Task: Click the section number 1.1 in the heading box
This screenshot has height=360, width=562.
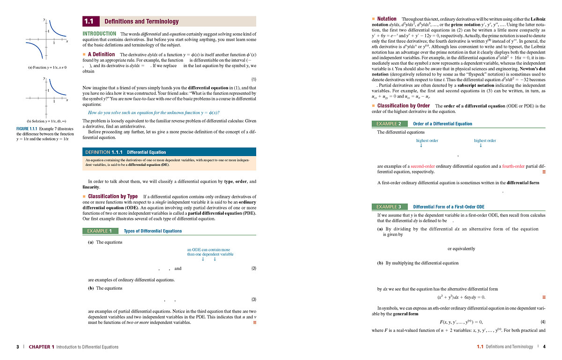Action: (x=89, y=22)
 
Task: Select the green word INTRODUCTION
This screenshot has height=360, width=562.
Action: (x=99, y=34)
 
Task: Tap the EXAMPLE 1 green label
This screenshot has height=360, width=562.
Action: (x=99, y=231)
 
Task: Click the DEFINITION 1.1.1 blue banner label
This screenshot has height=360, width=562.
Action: (x=104, y=152)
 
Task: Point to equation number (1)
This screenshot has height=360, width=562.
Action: (x=254, y=79)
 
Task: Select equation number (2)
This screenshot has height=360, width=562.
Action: (x=254, y=269)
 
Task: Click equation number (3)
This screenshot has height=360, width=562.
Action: (x=254, y=299)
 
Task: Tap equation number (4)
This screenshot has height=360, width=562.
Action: (x=543, y=322)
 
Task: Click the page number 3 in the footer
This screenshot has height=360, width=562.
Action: (x=17, y=347)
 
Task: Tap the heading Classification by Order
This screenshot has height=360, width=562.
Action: (x=403, y=106)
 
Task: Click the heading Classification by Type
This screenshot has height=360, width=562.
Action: (x=112, y=196)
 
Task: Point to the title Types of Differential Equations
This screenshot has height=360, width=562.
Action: (x=153, y=231)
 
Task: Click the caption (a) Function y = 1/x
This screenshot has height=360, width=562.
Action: (x=47, y=67)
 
